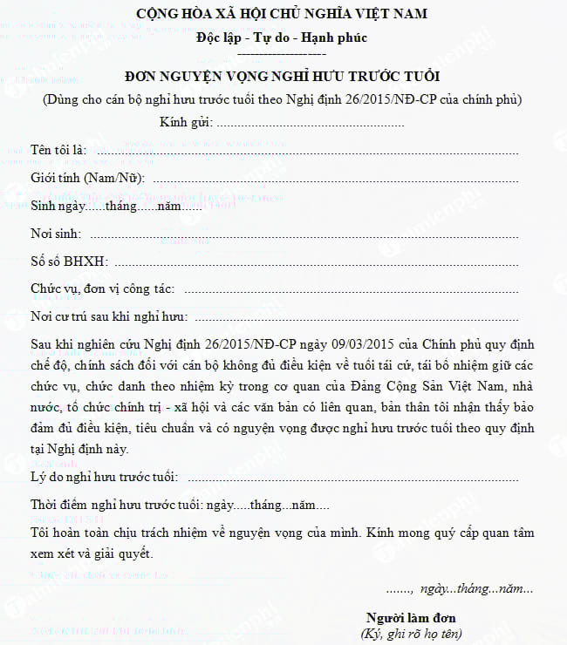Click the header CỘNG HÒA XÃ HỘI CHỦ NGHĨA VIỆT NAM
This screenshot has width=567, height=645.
(283, 14)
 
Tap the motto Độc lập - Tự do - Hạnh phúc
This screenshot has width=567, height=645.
(282, 37)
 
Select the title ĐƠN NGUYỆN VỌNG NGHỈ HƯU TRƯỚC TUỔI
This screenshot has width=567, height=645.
(282, 76)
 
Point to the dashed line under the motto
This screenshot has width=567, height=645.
(282, 53)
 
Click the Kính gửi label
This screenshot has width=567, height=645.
(186, 122)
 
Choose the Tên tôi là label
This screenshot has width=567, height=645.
(58, 151)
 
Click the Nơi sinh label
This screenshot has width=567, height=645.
(56, 234)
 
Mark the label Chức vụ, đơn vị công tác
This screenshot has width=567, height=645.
(102, 289)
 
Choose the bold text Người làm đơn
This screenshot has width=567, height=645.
(411, 618)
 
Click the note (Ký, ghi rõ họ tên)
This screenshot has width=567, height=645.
(411, 634)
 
